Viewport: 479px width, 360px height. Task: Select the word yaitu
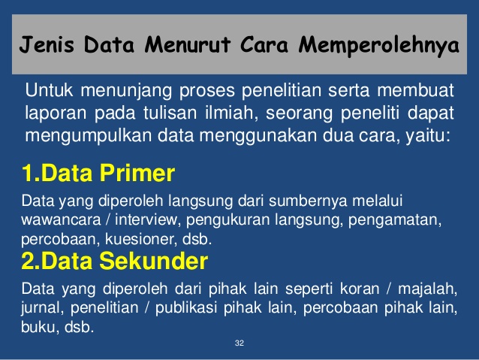(x=429, y=137)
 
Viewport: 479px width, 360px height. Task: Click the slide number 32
(x=239, y=343)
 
